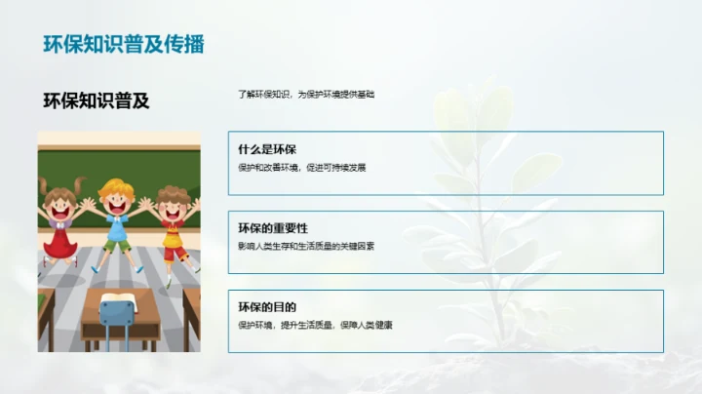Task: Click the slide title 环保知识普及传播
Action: tap(124, 44)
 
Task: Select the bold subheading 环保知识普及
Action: tap(97, 99)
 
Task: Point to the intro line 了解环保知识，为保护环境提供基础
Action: tap(306, 95)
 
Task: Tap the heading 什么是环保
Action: tap(266, 149)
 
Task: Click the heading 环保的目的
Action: tap(266, 307)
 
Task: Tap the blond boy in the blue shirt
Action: tap(116, 215)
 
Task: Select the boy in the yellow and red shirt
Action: tap(173, 219)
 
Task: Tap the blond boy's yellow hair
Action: tap(116, 186)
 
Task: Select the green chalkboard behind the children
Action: tap(117, 161)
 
